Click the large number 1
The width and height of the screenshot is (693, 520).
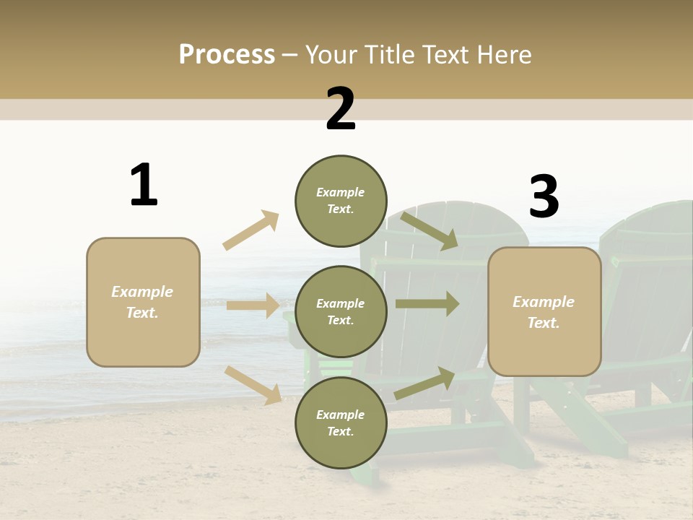[144, 186]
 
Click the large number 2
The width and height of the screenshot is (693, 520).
[341, 110]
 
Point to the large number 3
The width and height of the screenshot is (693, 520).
[544, 197]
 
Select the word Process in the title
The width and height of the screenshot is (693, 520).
[227, 54]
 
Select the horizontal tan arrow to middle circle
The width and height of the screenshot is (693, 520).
[253, 305]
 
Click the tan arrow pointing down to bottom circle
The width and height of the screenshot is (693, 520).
[253, 384]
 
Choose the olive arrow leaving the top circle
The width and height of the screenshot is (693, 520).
[429, 230]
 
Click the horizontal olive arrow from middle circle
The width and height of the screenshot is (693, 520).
[427, 304]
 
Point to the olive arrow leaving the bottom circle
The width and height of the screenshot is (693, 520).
[424, 383]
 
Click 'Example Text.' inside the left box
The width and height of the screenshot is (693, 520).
[142, 302]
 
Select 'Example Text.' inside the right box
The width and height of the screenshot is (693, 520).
[544, 312]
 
